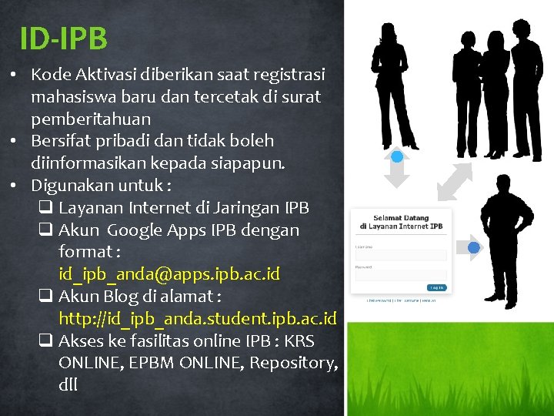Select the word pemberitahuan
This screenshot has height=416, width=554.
point(91,119)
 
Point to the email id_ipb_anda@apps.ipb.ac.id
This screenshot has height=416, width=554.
point(169,274)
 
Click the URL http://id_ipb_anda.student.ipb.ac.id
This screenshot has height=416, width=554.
point(198,318)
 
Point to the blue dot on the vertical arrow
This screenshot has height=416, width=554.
point(397,157)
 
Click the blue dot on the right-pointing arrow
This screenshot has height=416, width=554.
point(474,247)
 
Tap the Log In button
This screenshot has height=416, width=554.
point(436,287)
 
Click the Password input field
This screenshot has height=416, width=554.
point(400,275)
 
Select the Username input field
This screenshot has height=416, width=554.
point(400,255)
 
